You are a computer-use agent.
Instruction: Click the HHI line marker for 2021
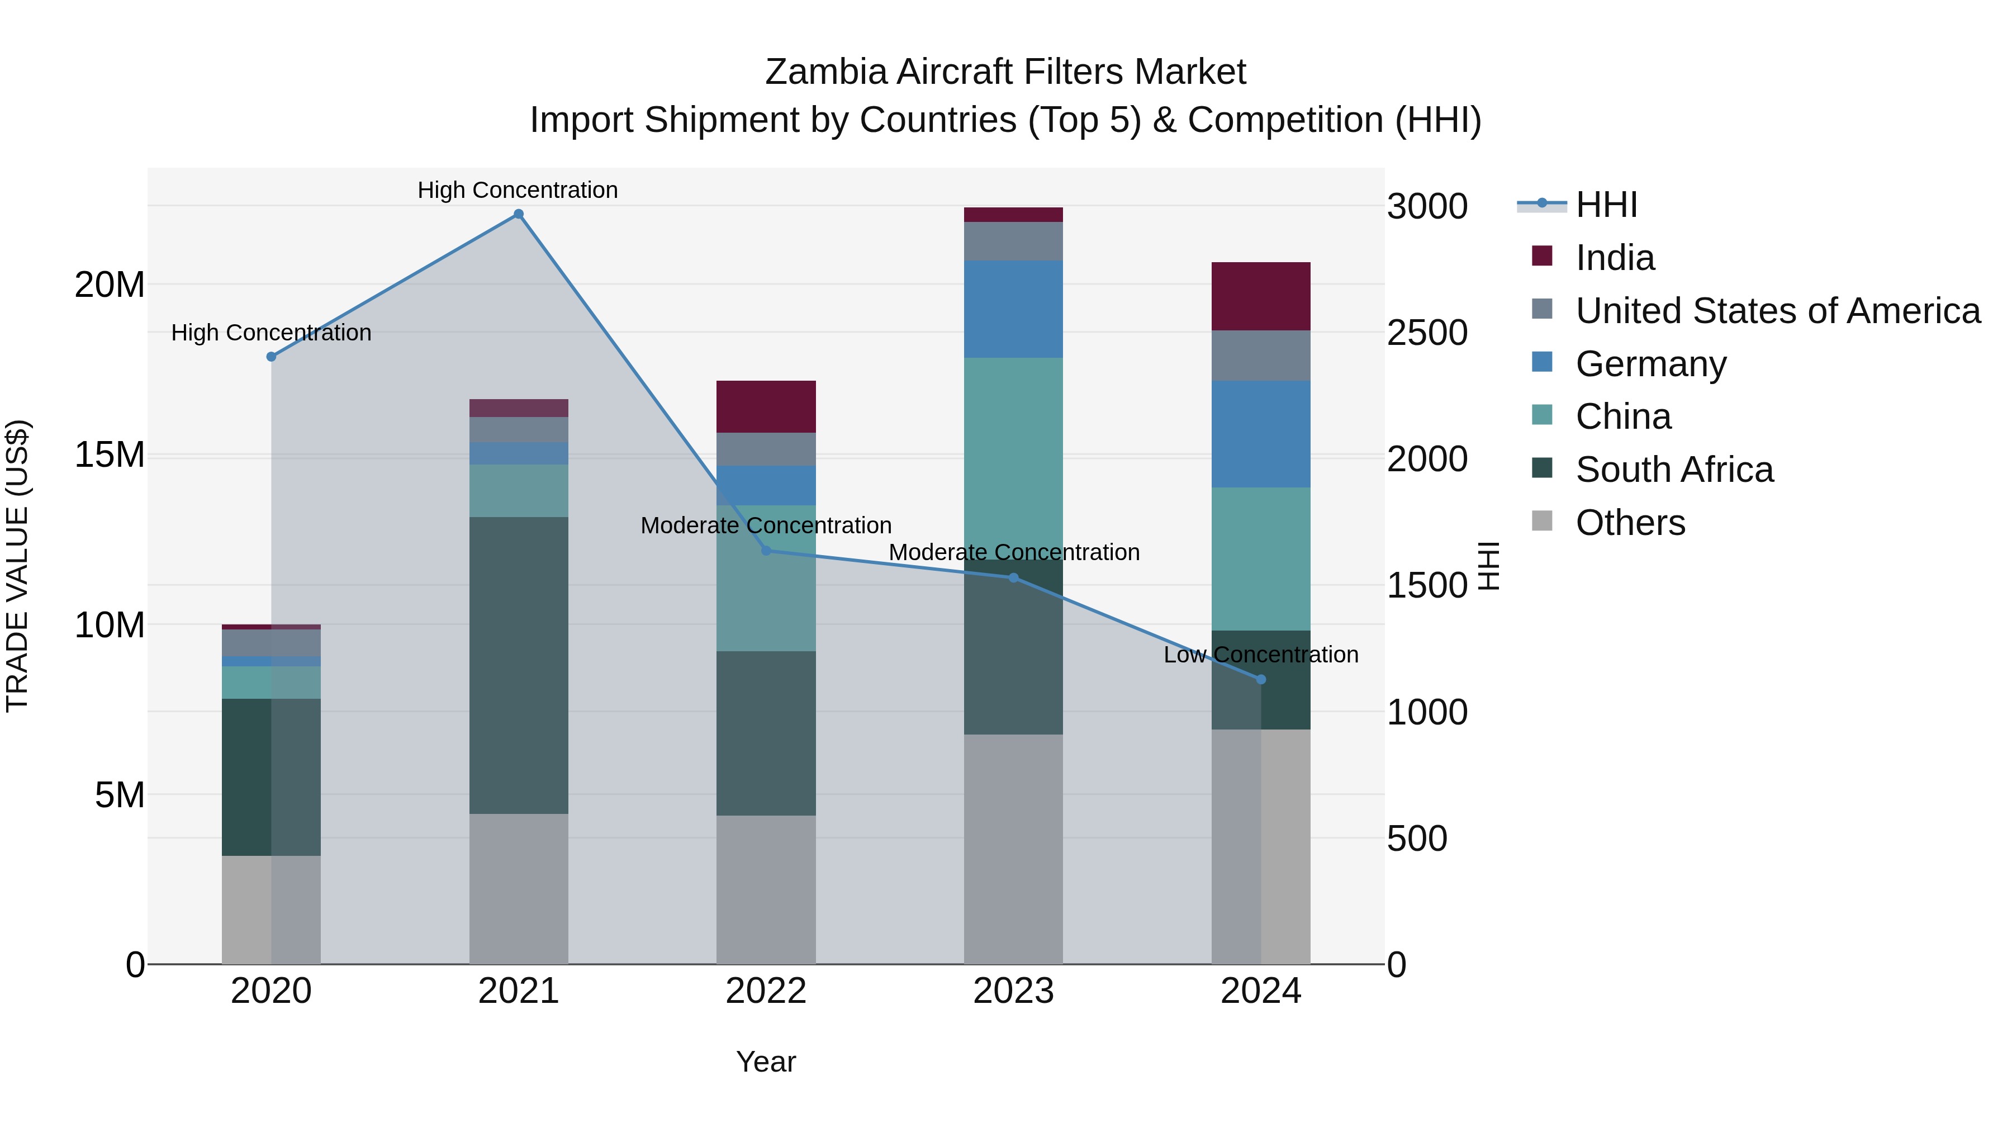point(519,214)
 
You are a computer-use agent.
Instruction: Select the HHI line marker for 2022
point(766,551)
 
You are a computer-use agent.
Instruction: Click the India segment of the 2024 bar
point(1261,296)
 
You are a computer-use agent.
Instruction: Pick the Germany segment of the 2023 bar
point(1013,309)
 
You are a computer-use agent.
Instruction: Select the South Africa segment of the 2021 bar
point(519,665)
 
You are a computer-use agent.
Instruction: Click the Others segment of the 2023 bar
point(1013,849)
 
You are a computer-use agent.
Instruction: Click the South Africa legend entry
point(1674,470)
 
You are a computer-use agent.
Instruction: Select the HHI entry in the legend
point(1606,205)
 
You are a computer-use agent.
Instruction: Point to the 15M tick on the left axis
point(110,454)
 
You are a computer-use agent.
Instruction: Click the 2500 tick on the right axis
point(1427,333)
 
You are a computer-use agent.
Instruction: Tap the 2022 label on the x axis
point(766,991)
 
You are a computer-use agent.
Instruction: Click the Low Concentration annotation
point(1261,655)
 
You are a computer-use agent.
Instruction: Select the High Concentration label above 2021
point(518,190)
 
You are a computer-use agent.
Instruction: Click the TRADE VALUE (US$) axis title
point(17,566)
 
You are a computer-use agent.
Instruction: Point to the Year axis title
point(766,1062)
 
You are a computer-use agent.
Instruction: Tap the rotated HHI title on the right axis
point(1489,566)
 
